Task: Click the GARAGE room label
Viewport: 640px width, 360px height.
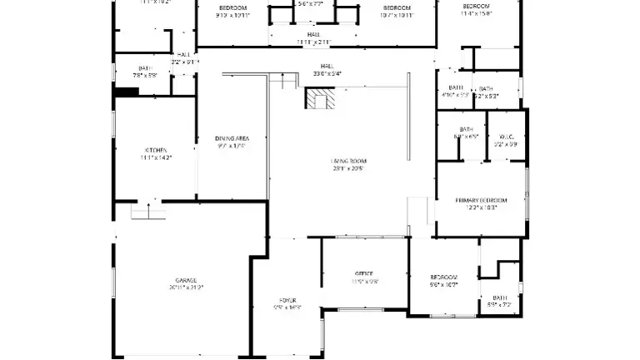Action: click(185, 280)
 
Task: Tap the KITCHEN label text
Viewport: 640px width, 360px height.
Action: click(157, 150)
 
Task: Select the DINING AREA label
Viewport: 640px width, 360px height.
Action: click(232, 138)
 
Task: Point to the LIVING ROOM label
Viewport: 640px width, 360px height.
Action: click(349, 160)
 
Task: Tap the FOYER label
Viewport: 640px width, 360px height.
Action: click(287, 300)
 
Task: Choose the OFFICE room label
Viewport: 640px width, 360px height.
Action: click(364, 273)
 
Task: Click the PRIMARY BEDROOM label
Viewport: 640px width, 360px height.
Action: click(482, 201)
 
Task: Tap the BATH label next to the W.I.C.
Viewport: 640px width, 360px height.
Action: click(465, 129)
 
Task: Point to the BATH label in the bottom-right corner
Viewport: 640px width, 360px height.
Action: click(499, 297)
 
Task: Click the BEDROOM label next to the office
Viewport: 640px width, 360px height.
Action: click(443, 277)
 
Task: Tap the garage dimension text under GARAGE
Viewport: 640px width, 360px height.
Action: click(185, 287)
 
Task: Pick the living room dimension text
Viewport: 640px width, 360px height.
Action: click(349, 167)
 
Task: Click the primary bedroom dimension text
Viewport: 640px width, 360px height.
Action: click(482, 208)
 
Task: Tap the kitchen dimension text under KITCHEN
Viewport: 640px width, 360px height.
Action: click(157, 157)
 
